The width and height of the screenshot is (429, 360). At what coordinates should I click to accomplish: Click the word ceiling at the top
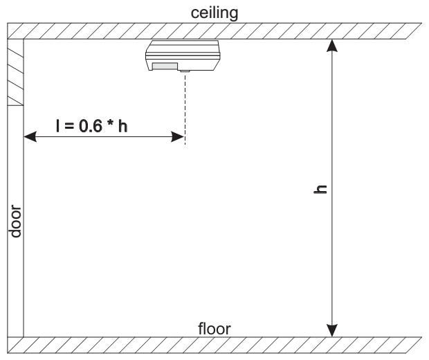click(x=215, y=13)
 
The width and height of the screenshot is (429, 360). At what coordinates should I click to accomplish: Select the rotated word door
click(x=15, y=222)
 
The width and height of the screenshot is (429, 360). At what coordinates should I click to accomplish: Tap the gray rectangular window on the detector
click(x=165, y=67)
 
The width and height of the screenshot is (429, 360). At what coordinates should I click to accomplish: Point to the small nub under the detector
click(x=185, y=70)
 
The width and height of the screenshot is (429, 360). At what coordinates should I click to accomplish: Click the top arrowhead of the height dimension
click(x=334, y=45)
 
